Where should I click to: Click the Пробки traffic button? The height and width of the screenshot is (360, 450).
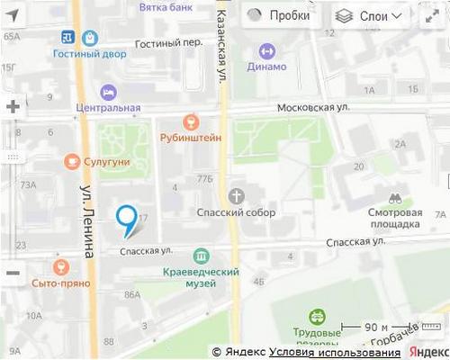point(278,15)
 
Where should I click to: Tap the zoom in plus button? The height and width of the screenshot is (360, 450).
point(13,106)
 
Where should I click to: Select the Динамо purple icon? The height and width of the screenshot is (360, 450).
point(267,50)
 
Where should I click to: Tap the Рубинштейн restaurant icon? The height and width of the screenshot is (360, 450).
point(190,121)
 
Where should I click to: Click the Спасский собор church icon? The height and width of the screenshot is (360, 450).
point(236,195)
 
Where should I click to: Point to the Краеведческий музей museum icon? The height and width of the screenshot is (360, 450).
point(201,256)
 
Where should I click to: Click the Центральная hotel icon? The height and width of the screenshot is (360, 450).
point(108,92)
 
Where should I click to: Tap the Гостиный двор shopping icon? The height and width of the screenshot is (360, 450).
point(90,38)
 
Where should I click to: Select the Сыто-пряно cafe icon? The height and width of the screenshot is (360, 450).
point(60,266)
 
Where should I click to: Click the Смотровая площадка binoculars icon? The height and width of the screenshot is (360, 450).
point(394,197)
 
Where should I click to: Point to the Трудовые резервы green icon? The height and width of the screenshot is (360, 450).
point(317,317)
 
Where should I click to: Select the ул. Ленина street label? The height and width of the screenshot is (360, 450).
point(87,221)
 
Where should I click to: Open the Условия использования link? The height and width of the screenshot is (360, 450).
point(335,351)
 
